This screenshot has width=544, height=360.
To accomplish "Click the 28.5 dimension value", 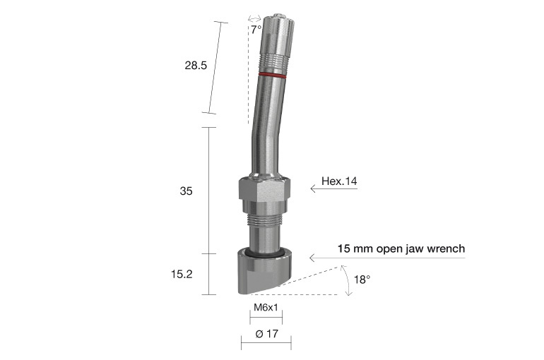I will [x=195, y=66].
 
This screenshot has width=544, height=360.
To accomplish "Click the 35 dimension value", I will [x=187, y=191].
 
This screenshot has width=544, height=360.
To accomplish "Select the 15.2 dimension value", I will [x=182, y=274].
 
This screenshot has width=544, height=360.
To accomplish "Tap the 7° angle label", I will [x=256, y=30].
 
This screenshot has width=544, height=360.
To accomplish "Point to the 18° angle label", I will [x=362, y=280].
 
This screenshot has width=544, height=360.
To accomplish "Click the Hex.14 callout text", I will [x=339, y=181].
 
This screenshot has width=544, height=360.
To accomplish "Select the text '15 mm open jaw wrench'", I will [x=401, y=249].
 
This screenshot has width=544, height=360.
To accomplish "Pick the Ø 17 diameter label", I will [x=266, y=333].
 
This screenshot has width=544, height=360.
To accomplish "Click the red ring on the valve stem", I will [x=272, y=73].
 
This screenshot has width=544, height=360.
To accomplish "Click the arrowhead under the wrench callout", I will [x=312, y=258].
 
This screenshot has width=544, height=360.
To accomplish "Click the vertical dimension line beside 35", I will [x=208, y=191].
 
